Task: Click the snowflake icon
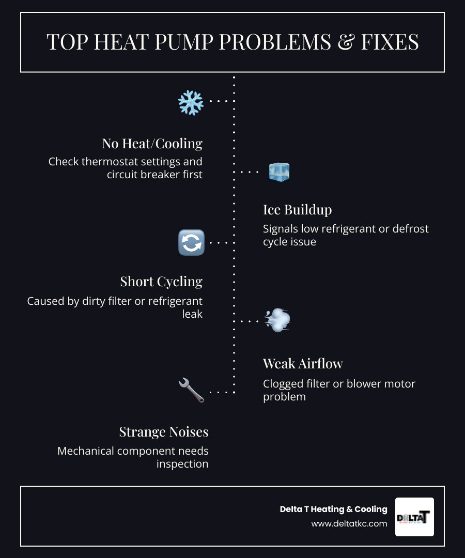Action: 191,102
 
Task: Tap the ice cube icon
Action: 279,172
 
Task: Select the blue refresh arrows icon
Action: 191,242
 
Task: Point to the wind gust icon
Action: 277,320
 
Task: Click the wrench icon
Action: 191,390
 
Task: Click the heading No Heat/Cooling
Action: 152,143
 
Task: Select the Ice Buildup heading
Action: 297,210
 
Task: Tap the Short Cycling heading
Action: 161,282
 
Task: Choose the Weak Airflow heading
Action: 303,364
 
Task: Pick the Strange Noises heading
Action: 164,431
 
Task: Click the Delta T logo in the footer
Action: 414,517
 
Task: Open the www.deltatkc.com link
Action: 349,524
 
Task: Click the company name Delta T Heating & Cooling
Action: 333,509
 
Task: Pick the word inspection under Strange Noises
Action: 182,464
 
